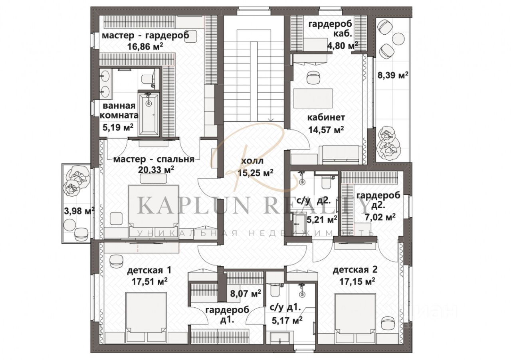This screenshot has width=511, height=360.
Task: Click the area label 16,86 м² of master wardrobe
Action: [145, 47]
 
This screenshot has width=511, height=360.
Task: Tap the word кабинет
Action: [326, 118]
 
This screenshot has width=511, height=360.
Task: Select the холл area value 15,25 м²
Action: [255, 173]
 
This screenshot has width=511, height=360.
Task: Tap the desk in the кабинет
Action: [313, 98]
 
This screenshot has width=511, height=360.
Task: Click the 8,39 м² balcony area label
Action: [393, 75]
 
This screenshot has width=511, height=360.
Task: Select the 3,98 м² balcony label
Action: [79, 211]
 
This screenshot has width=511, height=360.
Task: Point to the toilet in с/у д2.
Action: [326, 182]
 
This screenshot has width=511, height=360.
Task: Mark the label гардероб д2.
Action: [378, 200]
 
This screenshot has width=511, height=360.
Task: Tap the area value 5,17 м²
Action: [287, 320]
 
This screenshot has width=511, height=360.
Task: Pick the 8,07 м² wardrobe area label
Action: [246, 293]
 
